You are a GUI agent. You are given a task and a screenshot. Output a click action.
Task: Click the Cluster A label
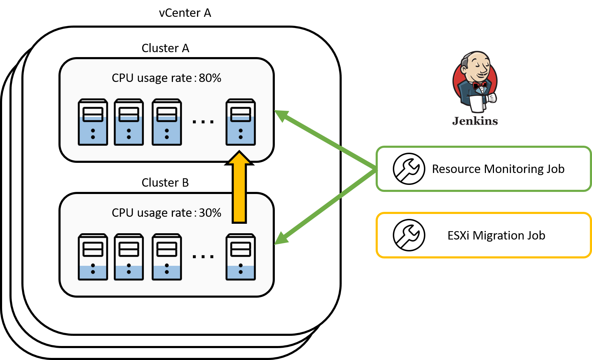165,48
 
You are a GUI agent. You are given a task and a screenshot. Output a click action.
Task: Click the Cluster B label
165,182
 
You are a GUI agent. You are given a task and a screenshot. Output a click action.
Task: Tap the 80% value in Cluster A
210,78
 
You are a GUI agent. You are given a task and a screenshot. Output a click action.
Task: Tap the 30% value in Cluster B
210,213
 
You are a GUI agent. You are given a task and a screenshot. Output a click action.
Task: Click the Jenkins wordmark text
475,121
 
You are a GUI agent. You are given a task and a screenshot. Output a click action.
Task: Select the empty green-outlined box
483,169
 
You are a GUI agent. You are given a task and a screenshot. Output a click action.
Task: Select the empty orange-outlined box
483,235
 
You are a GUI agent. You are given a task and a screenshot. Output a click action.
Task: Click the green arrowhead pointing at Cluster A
281,115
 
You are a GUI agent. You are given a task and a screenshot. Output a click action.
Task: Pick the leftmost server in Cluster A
93,122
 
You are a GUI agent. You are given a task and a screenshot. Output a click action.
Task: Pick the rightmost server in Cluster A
241,122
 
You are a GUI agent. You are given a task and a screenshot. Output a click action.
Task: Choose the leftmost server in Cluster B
93,257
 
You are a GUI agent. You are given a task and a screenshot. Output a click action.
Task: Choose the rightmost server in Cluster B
241,257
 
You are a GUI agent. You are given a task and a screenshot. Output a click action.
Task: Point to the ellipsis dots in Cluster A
203,122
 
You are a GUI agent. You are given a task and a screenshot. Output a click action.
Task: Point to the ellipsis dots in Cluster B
203,257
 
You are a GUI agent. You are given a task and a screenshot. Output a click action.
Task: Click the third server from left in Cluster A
167,122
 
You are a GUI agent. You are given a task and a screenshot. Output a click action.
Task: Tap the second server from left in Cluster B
129,257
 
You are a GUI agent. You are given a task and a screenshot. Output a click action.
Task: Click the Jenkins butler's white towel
476,103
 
